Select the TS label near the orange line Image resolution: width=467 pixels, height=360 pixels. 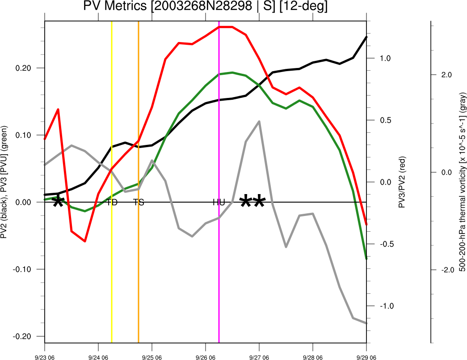(x=139, y=202)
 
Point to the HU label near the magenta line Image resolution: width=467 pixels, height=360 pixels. (x=219, y=202)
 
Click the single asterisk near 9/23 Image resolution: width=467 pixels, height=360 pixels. (x=58, y=203)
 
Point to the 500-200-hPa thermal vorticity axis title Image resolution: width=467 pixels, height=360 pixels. (x=463, y=181)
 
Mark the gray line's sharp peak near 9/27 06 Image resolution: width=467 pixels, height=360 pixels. (x=259, y=121)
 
